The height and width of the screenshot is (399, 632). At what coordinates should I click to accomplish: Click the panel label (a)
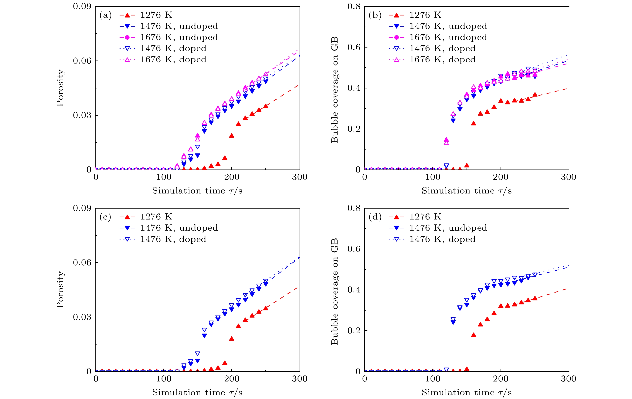106,15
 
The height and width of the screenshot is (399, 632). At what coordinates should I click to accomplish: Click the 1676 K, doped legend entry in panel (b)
442,59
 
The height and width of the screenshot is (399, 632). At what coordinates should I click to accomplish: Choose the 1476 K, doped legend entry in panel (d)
442,239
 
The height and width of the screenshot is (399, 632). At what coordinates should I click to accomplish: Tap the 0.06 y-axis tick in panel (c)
82,262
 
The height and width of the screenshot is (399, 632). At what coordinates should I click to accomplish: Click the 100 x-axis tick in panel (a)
164,177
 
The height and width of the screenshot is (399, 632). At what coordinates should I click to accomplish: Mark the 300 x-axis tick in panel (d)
569,379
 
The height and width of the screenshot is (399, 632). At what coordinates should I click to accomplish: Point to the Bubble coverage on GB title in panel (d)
334,291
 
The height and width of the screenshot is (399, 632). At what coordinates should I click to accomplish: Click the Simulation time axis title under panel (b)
466,191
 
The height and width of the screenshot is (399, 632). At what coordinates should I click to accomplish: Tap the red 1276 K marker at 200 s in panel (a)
232,135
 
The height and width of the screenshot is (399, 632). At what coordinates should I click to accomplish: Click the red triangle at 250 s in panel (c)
266,308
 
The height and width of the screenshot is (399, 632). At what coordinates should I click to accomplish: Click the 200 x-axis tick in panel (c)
232,379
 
